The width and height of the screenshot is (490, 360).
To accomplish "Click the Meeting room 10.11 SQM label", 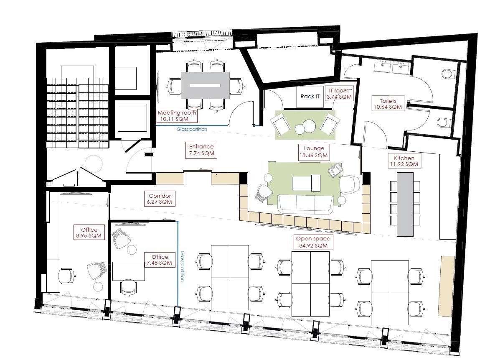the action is (x=177, y=116).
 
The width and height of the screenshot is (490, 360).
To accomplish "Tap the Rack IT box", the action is (x=310, y=96).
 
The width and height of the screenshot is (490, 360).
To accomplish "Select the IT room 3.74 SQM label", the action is (x=339, y=94).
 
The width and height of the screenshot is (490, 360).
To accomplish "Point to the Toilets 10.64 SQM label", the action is (x=388, y=104).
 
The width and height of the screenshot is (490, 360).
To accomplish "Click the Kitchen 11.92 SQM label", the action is (x=404, y=161).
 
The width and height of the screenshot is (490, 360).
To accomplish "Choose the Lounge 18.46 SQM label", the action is (x=314, y=152).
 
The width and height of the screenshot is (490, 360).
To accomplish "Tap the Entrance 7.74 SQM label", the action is (x=201, y=150).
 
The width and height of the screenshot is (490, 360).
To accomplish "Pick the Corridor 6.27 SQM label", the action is (x=160, y=199).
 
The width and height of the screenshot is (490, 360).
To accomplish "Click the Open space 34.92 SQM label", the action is (x=313, y=242).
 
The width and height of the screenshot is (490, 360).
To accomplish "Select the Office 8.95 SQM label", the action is (x=89, y=233).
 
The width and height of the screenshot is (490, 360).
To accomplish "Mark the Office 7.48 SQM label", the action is (x=160, y=260).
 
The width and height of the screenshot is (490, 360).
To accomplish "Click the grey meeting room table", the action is (x=205, y=85).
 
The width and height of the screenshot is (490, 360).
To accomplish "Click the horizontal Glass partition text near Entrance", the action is (x=192, y=129).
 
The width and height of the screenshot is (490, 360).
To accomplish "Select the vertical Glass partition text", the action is (x=183, y=266).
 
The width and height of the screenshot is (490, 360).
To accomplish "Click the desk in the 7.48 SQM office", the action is (x=128, y=271).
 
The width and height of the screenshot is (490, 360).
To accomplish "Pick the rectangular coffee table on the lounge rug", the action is (x=306, y=183).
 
